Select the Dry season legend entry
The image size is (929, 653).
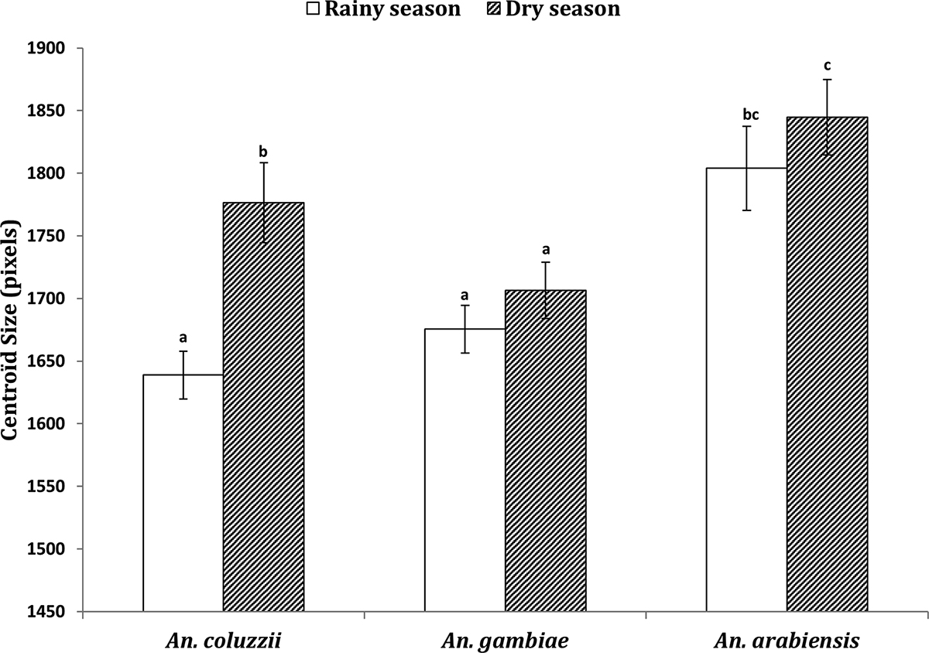pyautogui.click(x=553, y=10)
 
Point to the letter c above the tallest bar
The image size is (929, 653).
pyautogui.click(x=827, y=65)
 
